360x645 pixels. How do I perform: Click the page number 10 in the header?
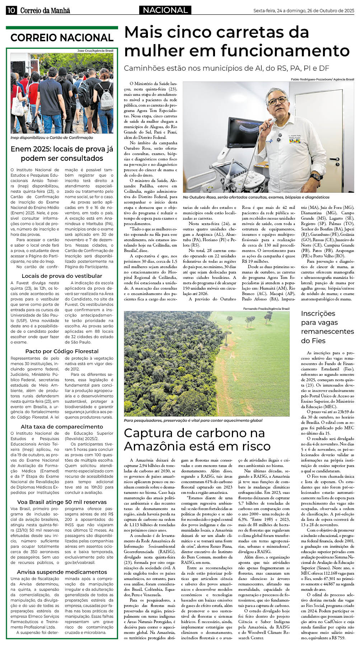(x=11, y=10)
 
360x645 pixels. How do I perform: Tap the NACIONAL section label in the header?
(x=165, y=10)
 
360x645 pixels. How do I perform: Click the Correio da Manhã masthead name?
(x=45, y=11)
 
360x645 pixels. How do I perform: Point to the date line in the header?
(x=304, y=11)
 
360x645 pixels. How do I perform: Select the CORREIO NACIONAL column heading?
(x=62, y=38)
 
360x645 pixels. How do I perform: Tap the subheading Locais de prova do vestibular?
(x=62, y=276)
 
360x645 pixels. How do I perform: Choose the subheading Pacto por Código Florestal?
(x=62, y=351)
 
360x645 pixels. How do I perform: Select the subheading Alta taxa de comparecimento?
(x=62, y=426)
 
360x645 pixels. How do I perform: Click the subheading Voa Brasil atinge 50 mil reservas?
(x=62, y=502)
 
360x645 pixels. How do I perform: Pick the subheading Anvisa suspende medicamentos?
(x=62, y=572)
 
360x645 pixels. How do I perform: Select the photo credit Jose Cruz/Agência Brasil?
(x=95, y=51)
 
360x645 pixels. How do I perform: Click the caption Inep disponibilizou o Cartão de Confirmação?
(x=52, y=137)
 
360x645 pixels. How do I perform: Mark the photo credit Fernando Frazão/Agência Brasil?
(x=266, y=309)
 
